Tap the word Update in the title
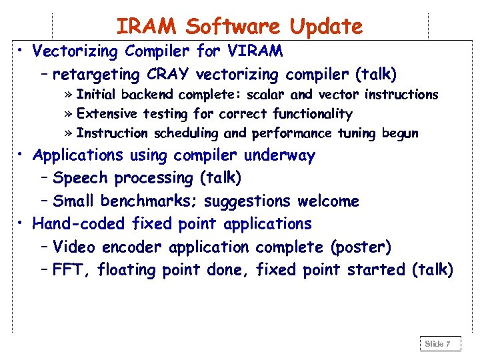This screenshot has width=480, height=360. coord(326,27)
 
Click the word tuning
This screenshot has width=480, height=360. coord(356,133)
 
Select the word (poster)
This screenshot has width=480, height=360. coord(361,247)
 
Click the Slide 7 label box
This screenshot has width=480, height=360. coord(439,344)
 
